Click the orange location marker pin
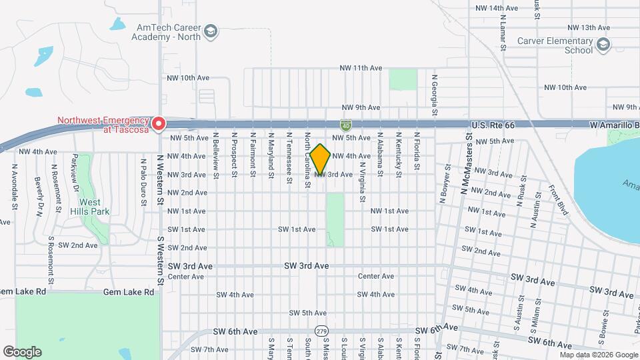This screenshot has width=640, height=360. pyautogui.click(x=321, y=159)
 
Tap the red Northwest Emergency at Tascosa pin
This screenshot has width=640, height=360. pyautogui.click(x=159, y=123)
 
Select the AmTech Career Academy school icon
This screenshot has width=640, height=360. pyautogui.click(x=211, y=31)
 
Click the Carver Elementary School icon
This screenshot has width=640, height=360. pyautogui.click(x=603, y=45)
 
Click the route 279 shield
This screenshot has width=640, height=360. pyautogui.click(x=321, y=331)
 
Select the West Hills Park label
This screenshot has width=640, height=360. pyautogui.click(x=90, y=207)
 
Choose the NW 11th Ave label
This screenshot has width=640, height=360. pyautogui.click(x=360, y=68)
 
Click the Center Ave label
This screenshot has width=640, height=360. pyautogui.click(x=376, y=276)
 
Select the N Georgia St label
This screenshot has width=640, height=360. pyautogui.click(x=433, y=93)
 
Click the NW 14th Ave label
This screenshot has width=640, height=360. pyautogui.click(x=497, y=8)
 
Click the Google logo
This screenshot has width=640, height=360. pyautogui.click(x=22, y=351)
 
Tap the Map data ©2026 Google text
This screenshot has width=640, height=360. pyautogui.click(x=599, y=355)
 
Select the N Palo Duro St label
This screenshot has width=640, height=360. pyautogui.click(x=143, y=179)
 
